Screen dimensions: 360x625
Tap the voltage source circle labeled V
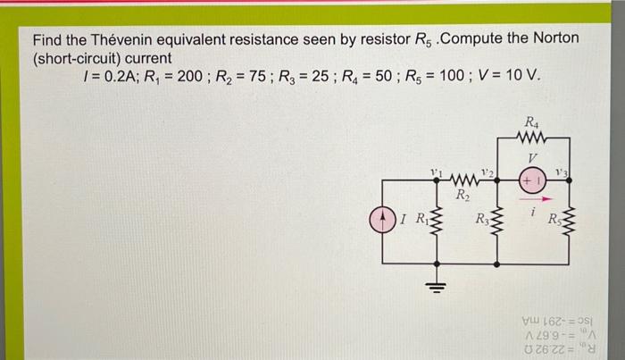pyautogui.click(x=532, y=179)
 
